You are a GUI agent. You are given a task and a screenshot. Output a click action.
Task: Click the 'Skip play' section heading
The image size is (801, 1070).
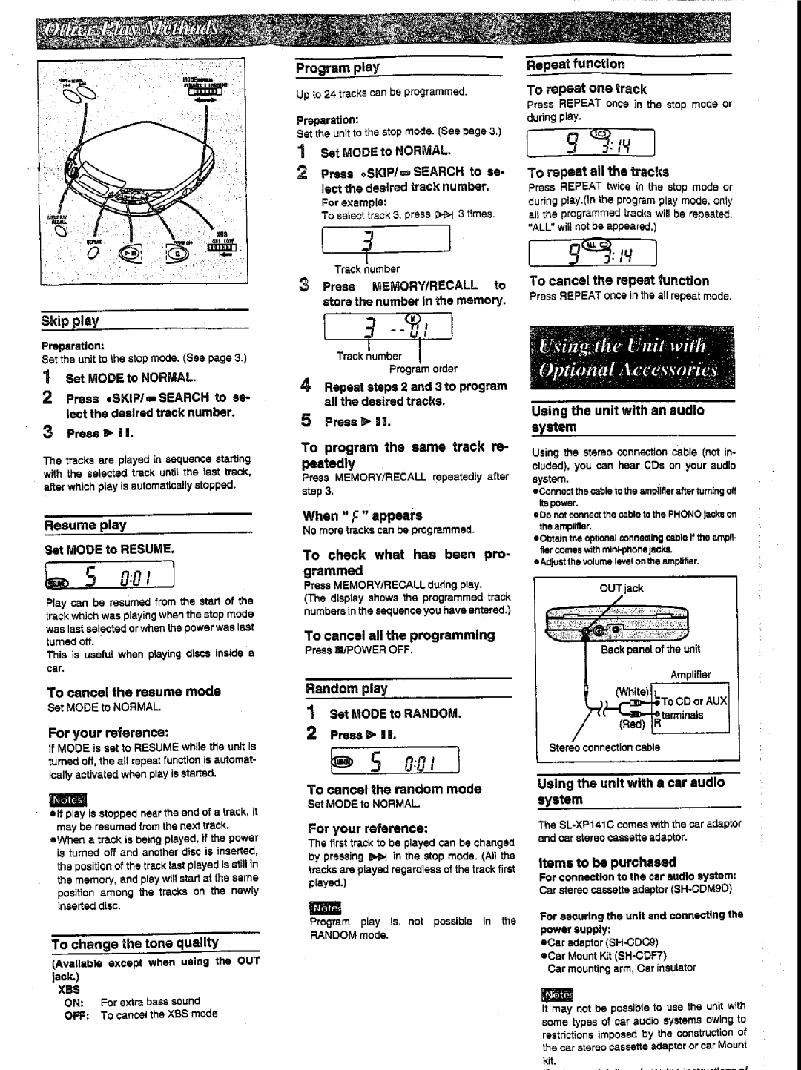click(x=70, y=320)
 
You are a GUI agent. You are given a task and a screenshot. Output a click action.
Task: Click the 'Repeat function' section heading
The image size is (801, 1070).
click(x=576, y=65)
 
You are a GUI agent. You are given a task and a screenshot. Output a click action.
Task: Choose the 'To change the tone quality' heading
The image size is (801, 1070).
click(x=135, y=943)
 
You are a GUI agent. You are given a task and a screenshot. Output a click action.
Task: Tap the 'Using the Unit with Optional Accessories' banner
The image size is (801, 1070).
click(x=631, y=358)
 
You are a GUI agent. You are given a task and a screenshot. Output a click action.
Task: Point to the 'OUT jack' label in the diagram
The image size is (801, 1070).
click(x=622, y=588)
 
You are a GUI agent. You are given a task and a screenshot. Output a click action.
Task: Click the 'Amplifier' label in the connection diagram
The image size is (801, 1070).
click(x=690, y=675)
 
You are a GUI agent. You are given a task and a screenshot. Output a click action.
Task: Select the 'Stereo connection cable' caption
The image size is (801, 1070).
click(x=604, y=747)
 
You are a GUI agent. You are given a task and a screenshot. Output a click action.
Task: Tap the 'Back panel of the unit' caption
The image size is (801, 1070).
click(x=650, y=649)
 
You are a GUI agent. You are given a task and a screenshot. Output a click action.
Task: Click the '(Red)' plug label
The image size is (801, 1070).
click(x=632, y=724)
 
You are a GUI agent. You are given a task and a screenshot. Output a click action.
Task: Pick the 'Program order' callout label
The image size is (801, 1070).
click(x=423, y=369)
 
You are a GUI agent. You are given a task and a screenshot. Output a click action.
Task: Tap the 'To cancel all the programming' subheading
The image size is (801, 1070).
click(x=399, y=635)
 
